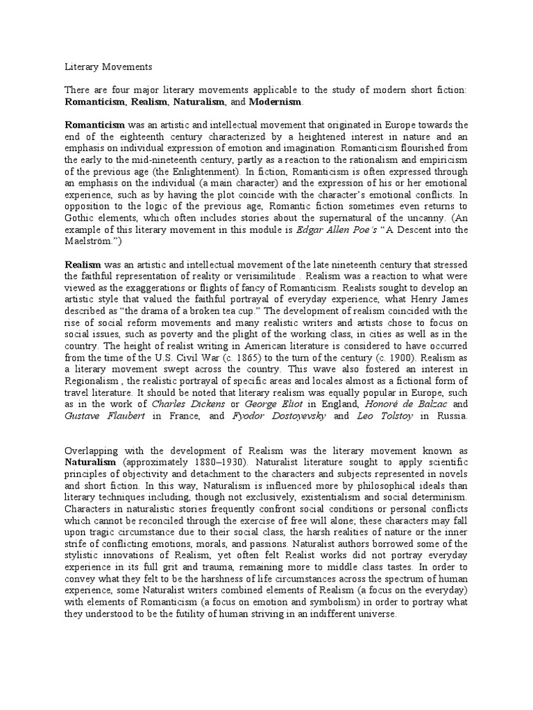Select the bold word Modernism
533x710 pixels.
pyautogui.click(x=276, y=102)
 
